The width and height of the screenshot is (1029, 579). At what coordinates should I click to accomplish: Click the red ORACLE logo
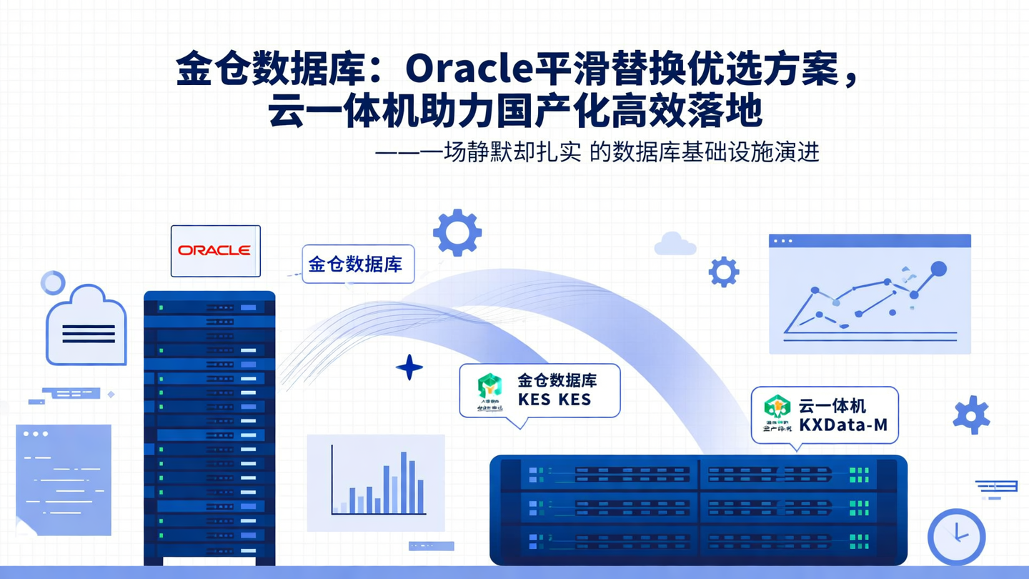(214, 250)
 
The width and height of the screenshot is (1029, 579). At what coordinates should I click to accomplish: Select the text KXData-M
(843, 425)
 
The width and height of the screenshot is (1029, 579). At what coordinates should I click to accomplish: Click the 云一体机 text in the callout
(832, 406)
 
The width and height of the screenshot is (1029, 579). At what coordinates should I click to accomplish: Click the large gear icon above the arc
(457, 232)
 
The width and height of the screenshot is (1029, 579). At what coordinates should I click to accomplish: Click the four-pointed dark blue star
(409, 367)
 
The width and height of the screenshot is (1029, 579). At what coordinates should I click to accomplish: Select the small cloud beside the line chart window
(674, 244)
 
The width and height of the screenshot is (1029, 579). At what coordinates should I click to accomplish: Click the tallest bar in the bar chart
(404, 482)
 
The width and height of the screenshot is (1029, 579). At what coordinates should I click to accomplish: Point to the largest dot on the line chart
(938, 269)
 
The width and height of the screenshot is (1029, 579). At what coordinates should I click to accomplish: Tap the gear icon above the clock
(972, 415)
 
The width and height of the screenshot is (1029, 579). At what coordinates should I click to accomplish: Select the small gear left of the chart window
(723, 272)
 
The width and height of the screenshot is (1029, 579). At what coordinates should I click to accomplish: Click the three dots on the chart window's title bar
(783, 241)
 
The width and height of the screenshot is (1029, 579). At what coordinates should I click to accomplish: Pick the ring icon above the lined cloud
(53, 282)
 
